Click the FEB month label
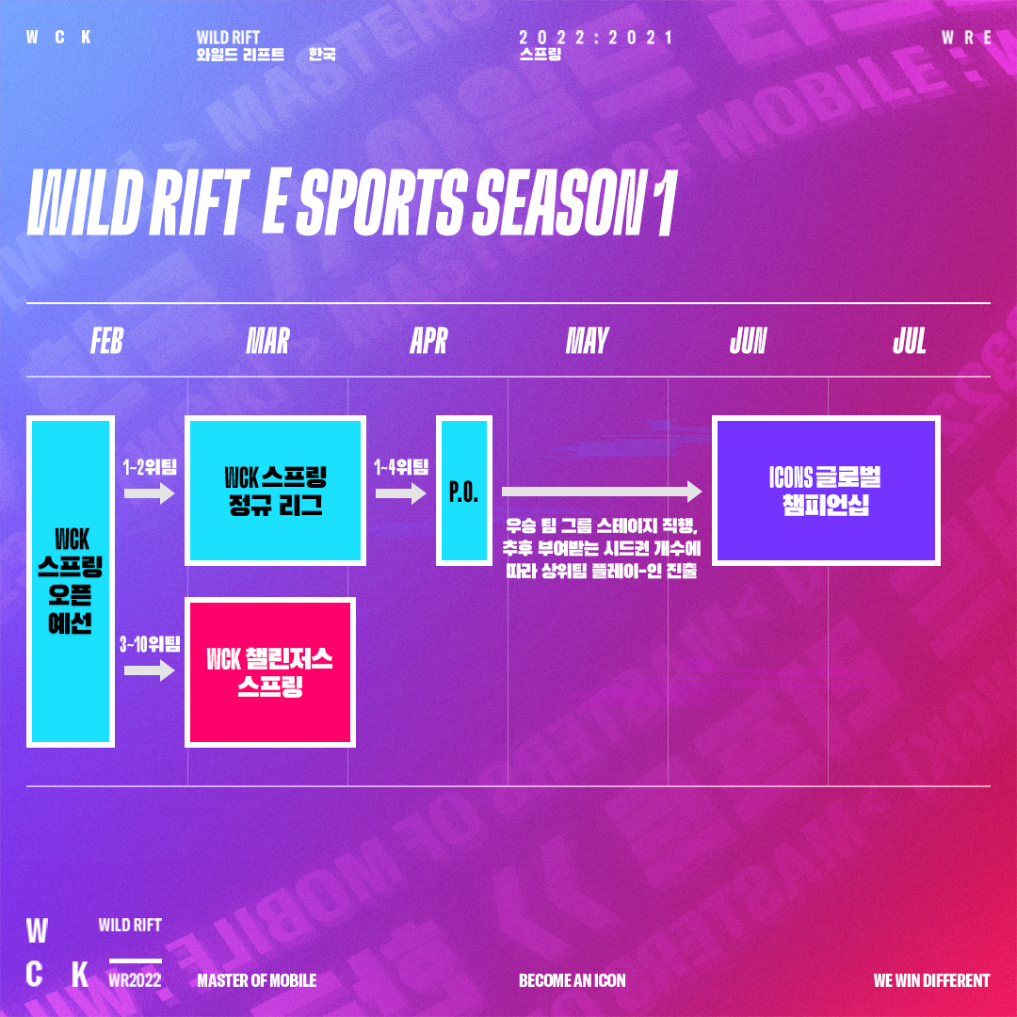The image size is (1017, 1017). pyautogui.click(x=107, y=341)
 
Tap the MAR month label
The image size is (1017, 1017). pyautogui.click(x=267, y=341)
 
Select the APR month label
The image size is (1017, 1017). pyautogui.click(x=428, y=341)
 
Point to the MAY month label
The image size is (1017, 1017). pyautogui.click(x=587, y=341)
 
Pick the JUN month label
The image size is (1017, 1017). pyautogui.click(x=748, y=341)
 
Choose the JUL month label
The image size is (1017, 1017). pyautogui.click(x=909, y=341)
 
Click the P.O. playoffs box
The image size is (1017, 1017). pyautogui.click(x=463, y=491)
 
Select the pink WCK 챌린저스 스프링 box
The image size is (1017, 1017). pyautogui.click(x=270, y=672)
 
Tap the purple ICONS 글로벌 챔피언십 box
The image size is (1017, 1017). pyautogui.click(x=826, y=491)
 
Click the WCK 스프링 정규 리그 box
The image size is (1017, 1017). pyautogui.click(x=275, y=491)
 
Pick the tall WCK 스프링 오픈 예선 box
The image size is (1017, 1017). pyautogui.click(x=71, y=581)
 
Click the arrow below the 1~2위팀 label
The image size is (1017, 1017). pyautogui.click(x=149, y=493)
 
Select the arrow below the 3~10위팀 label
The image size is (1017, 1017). pyautogui.click(x=149, y=670)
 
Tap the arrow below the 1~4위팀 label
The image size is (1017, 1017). pyautogui.click(x=401, y=493)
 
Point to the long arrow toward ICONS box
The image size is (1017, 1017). pyautogui.click(x=602, y=492)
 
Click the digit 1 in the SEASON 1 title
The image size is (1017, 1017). pyautogui.click(x=666, y=202)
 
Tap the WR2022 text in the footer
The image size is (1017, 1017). pyautogui.click(x=135, y=979)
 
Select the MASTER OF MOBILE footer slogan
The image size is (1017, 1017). pyautogui.click(x=257, y=980)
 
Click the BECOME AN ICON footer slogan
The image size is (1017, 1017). pyautogui.click(x=573, y=980)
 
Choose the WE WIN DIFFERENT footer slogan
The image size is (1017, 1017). pyautogui.click(x=931, y=980)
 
